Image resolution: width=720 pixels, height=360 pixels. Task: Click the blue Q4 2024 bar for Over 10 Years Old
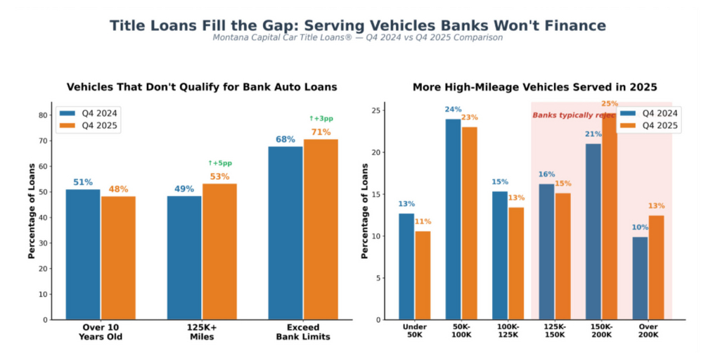pyautogui.click(x=83, y=254)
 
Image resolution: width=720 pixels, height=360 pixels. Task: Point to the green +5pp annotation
pyautogui.click(x=219, y=163)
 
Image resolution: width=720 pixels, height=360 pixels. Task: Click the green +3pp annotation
pyautogui.click(x=321, y=118)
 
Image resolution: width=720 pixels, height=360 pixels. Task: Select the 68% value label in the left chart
pyautogui.click(x=285, y=139)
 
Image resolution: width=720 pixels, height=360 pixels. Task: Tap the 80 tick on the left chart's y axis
pyautogui.click(x=43, y=115)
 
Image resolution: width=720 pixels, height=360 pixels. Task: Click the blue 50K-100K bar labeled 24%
pyautogui.click(x=453, y=219)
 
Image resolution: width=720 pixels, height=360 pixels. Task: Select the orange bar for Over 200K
pyautogui.click(x=655, y=267)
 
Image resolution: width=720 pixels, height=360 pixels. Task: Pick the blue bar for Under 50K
pyautogui.click(x=406, y=266)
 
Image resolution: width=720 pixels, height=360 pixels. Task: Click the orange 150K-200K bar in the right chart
pyautogui.click(x=609, y=218)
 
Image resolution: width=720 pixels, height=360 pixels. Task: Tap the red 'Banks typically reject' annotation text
pyautogui.click(x=574, y=115)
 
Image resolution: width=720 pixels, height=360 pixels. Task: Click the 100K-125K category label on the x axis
pyautogui.click(x=508, y=330)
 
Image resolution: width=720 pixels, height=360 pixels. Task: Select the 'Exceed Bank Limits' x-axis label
pyautogui.click(x=303, y=332)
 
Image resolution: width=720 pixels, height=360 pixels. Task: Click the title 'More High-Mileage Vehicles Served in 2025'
pyautogui.click(x=534, y=87)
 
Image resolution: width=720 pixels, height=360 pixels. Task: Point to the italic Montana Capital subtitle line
pyautogui.click(x=357, y=38)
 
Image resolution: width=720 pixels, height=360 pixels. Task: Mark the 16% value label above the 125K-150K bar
pyautogui.click(x=546, y=174)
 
